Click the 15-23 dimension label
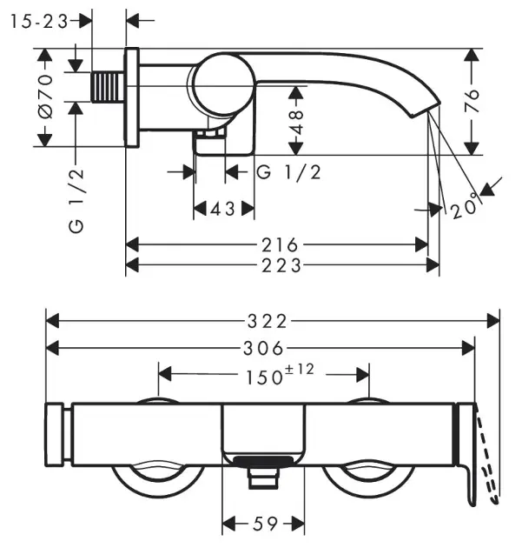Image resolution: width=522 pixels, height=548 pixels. [x=40, y=23]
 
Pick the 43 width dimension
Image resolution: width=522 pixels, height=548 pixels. [x=224, y=209]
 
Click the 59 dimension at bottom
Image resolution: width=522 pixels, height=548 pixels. [x=264, y=524]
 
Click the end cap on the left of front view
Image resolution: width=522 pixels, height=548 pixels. [x=59, y=436]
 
